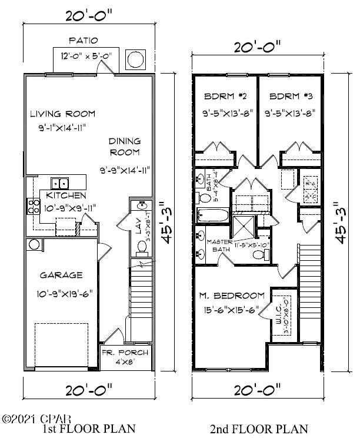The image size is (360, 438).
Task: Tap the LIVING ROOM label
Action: point(63,114)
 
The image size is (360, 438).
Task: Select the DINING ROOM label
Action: point(125,147)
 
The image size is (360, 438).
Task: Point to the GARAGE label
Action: point(61,275)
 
